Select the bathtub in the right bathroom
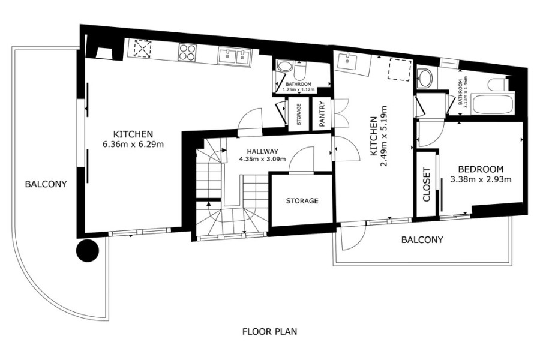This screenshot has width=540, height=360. pos(494,105)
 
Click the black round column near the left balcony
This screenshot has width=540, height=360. pos(88,250)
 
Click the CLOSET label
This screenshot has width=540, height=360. pos(427,184)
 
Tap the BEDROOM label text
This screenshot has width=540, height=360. pos(481,169)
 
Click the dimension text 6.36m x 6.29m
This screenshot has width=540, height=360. pos(133,144)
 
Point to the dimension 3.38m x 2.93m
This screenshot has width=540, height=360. pos(481,179)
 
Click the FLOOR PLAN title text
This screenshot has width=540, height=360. pos(269,332)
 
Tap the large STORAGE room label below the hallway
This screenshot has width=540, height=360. pos(302,201)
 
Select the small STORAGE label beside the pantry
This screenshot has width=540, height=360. pos(299,114)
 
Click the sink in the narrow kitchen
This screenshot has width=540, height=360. pos(348,61)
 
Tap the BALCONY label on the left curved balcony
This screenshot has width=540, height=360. pos(46,184)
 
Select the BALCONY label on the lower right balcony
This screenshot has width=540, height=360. pos(422,240)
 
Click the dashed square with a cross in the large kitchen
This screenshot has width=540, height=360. pos(143,48)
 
